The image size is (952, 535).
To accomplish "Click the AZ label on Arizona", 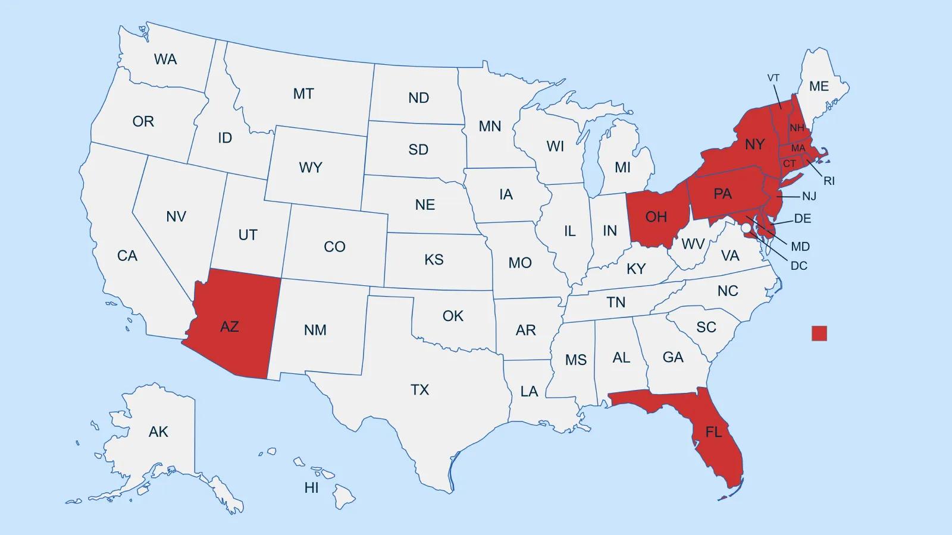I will [230, 326].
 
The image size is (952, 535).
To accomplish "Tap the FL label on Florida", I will [713, 432].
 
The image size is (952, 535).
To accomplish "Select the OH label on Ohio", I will [656, 217].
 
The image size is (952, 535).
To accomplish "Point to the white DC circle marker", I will [746, 228].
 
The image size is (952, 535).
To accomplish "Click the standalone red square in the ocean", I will [819, 333].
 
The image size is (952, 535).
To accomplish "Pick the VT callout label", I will [773, 78].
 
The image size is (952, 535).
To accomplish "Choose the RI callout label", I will [829, 181].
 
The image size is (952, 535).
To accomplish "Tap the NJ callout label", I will [809, 196].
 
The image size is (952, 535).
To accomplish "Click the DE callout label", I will [803, 219].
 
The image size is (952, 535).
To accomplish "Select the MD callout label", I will [800, 247].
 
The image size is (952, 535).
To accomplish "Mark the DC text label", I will [799, 266].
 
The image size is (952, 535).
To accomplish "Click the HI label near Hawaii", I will [311, 488].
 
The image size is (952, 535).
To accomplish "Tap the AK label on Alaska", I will [158, 432].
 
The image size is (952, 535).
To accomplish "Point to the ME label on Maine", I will [819, 86].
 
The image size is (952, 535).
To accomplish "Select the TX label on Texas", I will [419, 389].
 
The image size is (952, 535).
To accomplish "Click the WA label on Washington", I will [165, 59].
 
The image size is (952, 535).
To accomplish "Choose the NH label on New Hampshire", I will [797, 128].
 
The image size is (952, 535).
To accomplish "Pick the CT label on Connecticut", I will [790, 163].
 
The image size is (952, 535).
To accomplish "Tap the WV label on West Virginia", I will [693, 244].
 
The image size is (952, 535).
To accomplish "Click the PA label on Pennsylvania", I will [722, 194].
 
